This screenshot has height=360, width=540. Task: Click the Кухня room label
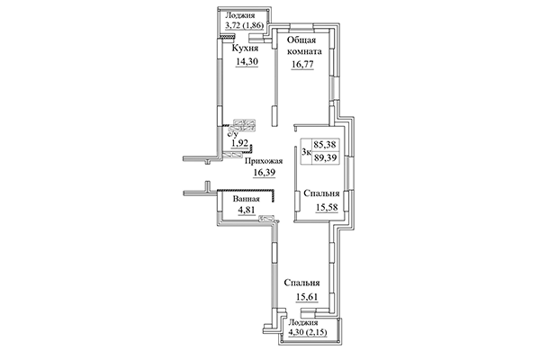tap(247, 48)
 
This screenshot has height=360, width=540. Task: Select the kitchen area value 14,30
tap(247, 63)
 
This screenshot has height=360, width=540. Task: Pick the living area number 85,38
tap(325, 143)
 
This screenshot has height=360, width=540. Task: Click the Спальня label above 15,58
tap(321, 193)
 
